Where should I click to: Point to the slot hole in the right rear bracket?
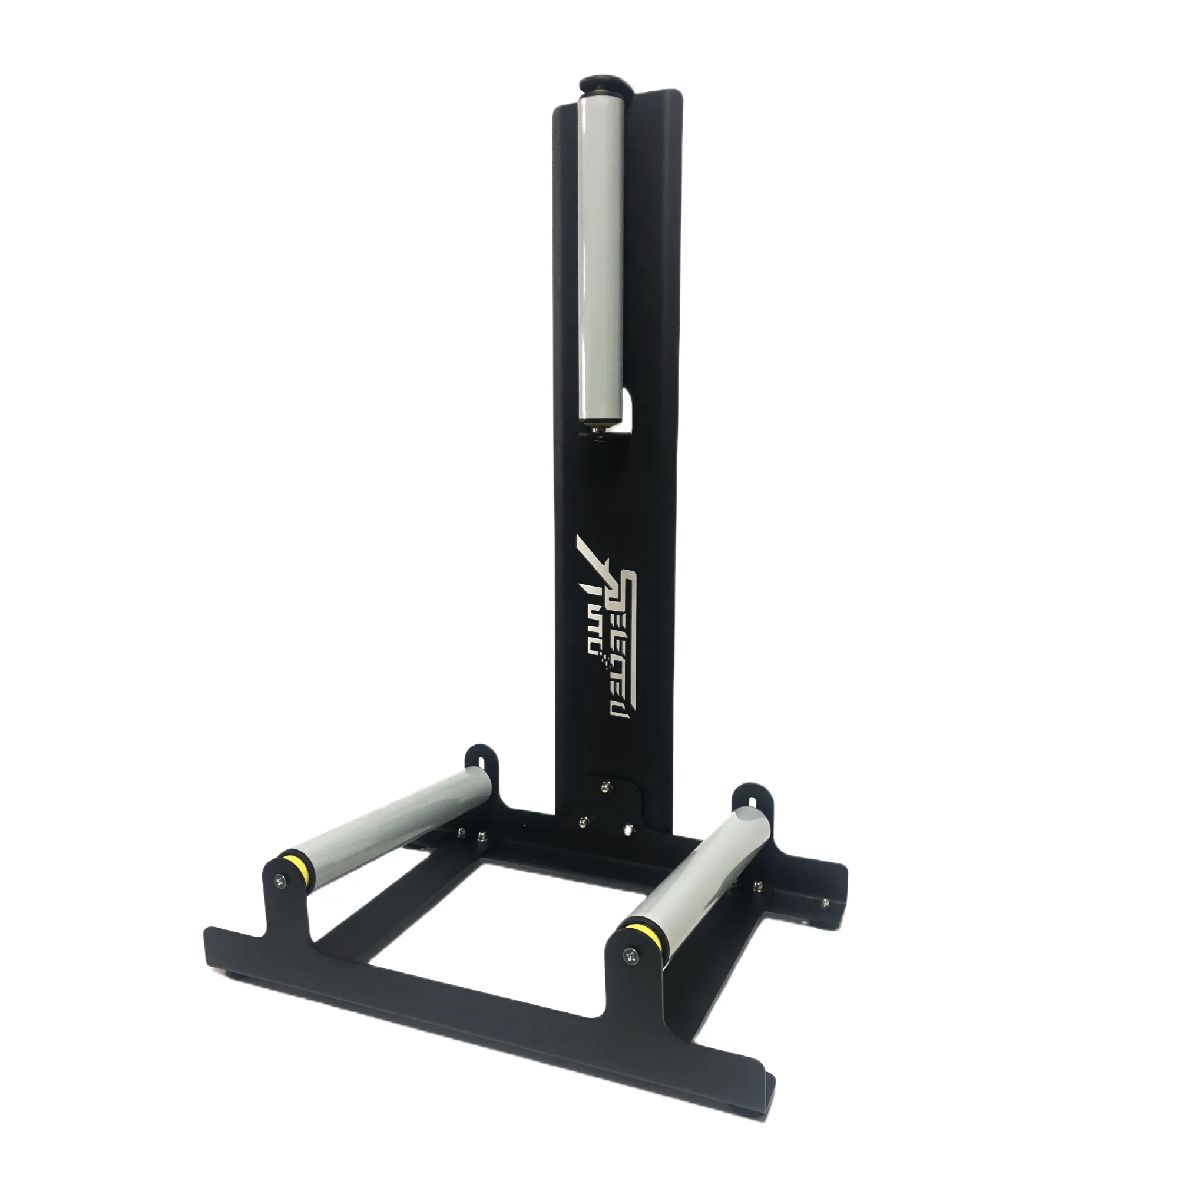tap(752, 798)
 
